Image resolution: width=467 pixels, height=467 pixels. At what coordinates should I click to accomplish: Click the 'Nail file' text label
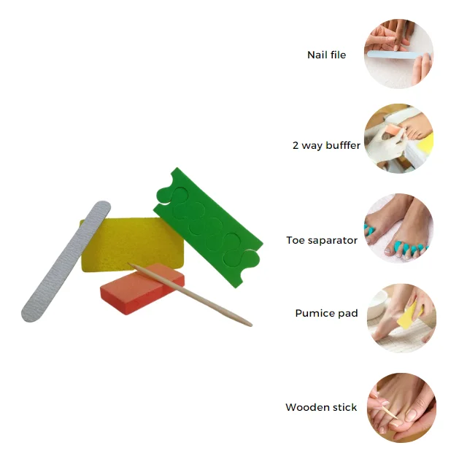click(326, 55)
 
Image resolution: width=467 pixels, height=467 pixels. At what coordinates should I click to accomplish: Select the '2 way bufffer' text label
click(326, 145)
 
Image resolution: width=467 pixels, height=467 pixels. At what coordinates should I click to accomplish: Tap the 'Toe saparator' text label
click(322, 240)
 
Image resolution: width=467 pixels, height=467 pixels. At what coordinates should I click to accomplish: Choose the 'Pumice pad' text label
click(326, 313)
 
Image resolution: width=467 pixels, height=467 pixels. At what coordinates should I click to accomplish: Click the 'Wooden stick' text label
click(321, 407)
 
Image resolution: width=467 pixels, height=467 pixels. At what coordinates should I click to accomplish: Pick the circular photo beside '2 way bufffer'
click(398, 139)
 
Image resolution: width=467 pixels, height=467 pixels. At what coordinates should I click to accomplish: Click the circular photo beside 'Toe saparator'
click(398, 228)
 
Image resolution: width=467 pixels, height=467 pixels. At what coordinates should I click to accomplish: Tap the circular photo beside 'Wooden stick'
click(398, 407)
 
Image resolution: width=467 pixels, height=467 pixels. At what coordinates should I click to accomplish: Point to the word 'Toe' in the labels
click(296, 240)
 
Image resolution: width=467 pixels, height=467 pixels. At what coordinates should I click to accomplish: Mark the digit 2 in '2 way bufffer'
click(296, 145)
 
